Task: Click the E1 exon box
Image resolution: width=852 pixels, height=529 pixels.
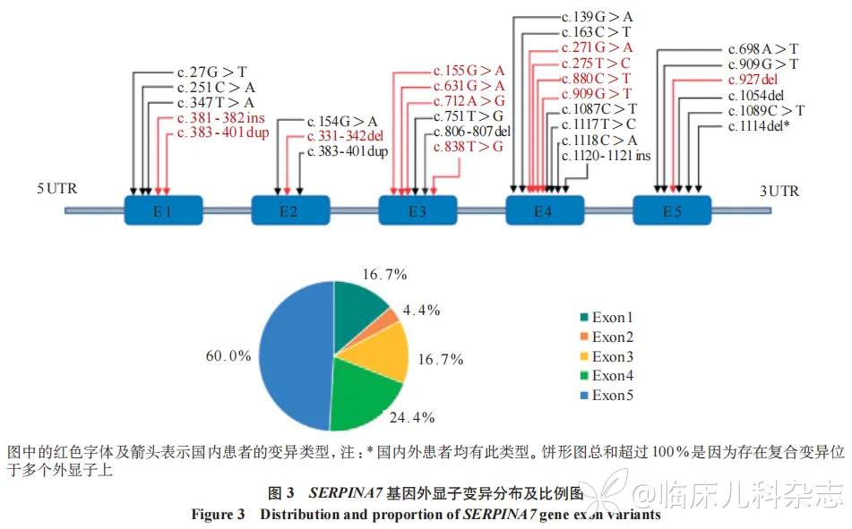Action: (162, 211)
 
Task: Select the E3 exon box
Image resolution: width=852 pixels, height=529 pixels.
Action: (417, 211)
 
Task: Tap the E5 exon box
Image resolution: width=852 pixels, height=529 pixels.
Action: (672, 211)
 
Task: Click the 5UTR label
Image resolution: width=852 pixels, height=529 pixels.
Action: (56, 191)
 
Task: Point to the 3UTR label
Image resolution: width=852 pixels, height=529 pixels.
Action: (779, 191)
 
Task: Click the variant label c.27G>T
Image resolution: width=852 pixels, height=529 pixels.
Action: (212, 72)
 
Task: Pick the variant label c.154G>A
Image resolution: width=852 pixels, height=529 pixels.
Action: (342, 121)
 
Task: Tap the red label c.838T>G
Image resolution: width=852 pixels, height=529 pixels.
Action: (468, 146)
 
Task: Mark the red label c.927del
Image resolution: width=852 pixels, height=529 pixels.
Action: (757, 80)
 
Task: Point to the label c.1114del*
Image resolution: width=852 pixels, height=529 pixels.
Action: (759, 126)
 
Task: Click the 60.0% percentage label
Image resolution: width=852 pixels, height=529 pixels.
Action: (228, 355)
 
